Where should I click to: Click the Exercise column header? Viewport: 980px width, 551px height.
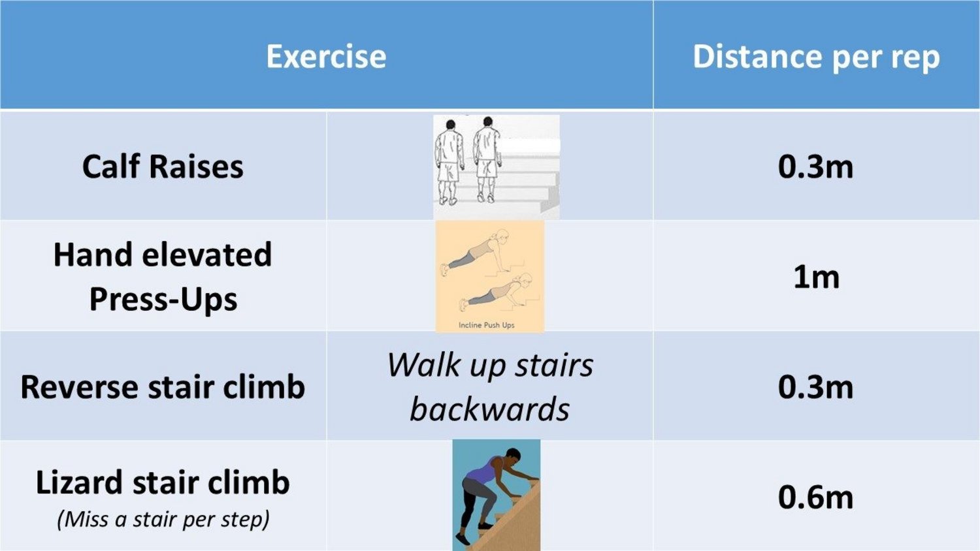[327, 56]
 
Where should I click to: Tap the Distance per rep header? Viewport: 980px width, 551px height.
[817, 57]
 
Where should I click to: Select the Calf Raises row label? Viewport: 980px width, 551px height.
[163, 166]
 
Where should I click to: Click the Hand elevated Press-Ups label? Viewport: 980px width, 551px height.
[163, 277]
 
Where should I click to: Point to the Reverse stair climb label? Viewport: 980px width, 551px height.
[163, 387]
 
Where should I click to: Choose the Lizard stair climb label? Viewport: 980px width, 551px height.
[163, 483]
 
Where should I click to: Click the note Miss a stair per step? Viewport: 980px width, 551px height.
[163, 520]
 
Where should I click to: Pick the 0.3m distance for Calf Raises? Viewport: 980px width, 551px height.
[815, 167]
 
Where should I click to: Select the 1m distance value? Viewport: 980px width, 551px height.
[817, 277]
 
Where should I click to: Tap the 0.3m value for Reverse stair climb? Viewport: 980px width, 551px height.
[815, 387]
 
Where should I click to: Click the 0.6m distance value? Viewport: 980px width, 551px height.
[815, 497]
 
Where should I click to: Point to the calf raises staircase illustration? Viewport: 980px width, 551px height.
[497, 166]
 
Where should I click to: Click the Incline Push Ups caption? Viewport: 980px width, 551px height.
[487, 325]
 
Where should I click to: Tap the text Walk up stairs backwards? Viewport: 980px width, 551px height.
[490, 386]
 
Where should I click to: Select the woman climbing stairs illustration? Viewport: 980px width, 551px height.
[497, 495]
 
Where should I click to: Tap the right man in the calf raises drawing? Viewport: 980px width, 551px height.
[487, 160]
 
